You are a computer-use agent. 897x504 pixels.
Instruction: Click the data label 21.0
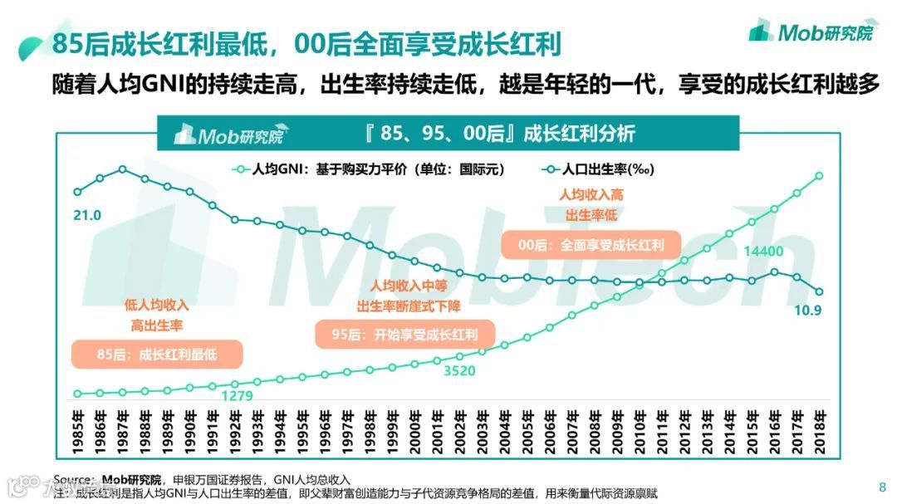tap(86, 215)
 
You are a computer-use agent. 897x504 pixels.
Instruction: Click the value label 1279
tap(237, 395)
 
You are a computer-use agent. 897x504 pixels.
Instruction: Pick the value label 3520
tap(459, 370)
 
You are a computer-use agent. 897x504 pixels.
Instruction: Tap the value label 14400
tap(765, 251)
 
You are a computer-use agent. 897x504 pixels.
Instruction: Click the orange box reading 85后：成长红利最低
tap(157, 355)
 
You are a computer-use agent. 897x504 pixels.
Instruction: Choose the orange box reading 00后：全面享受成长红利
tap(591, 245)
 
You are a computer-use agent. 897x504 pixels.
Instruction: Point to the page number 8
tap(881, 487)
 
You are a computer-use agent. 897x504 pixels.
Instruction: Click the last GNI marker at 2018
tap(819, 175)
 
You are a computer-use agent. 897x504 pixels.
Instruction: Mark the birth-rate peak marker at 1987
tap(122, 169)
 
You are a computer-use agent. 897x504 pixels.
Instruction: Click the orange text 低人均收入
tap(156, 305)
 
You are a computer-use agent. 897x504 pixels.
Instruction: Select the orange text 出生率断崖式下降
tap(408, 306)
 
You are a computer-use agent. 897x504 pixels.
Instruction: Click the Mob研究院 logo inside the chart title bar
tap(228, 135)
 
